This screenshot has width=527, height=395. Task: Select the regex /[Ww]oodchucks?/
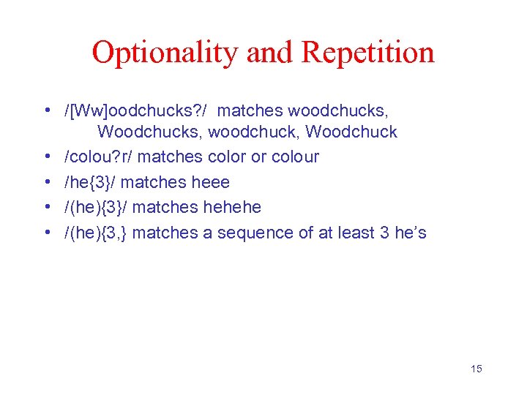(136, 111)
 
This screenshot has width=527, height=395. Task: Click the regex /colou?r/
(99, 157)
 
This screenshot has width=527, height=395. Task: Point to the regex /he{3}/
(89, 182)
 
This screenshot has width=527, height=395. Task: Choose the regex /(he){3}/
(97, 207)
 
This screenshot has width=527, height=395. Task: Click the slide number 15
(476, 369)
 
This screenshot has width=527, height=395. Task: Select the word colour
(295, 157)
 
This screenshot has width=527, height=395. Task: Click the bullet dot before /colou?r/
(46, 157)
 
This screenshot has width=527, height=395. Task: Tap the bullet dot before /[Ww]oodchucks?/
(46, 111)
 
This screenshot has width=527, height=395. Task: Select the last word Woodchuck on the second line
(351, 132)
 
